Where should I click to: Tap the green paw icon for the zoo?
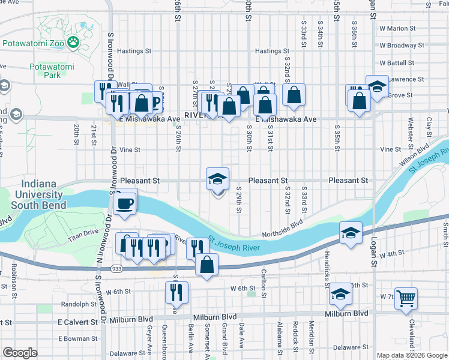73,42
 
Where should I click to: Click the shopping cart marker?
406,298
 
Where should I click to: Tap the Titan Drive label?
82,232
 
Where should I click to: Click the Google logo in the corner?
20,353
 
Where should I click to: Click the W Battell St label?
397,62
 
